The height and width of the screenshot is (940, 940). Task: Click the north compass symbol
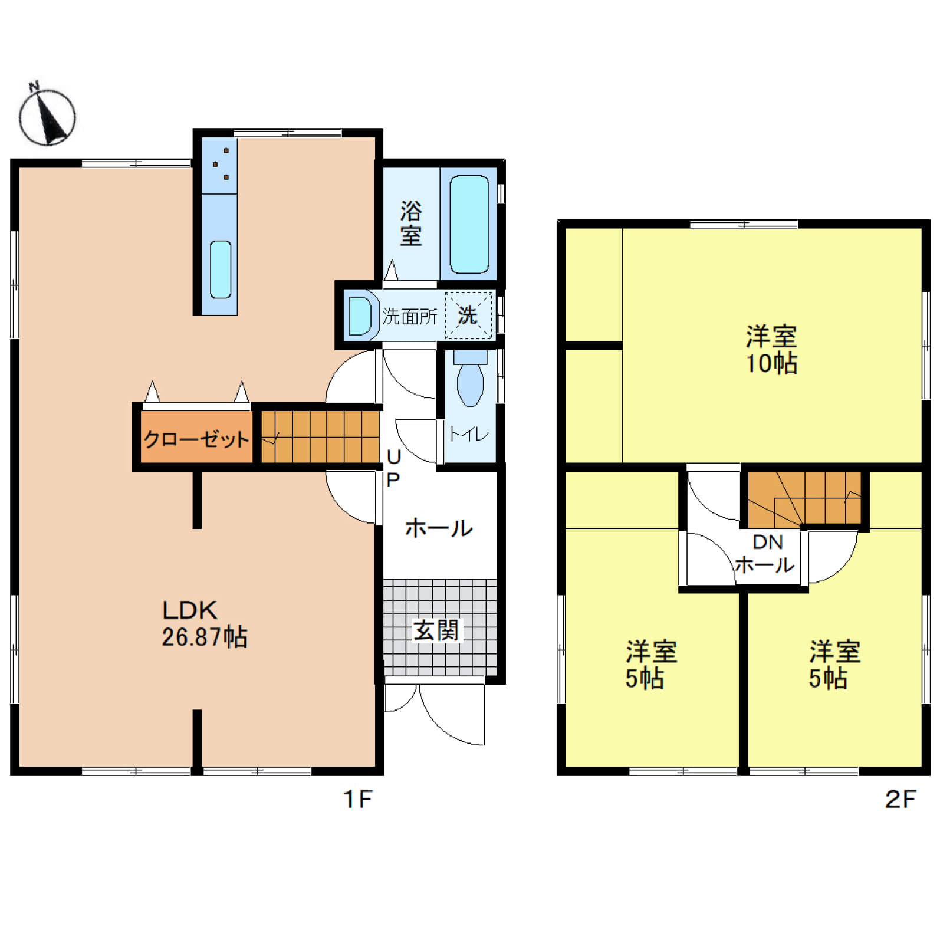pyautogui.click(x=47, y=116)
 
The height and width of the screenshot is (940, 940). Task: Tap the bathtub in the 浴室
pyautogui.click(x=469, y=224)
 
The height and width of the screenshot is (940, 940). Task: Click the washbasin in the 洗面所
pyautogui.click(x=360, y=315)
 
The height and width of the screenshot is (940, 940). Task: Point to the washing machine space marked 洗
pyautogui.click(x=468, y=315)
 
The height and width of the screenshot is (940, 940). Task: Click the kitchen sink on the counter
pyautogui.click(x=221, y=269)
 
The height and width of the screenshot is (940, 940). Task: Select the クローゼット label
pyautogui.click(x=196, y=439)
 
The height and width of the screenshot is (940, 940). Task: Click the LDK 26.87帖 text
pyautogui.click(x=204, y=623)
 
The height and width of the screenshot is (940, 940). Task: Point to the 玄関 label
pyautogui.click(x=436, y=630)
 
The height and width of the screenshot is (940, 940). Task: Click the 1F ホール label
pyautogui.click(x=439, y=528)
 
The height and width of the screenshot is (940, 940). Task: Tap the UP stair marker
pyautogui.click(x=393, y=468)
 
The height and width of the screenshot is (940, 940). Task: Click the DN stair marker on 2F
pyautogui.click(x=767, y=542)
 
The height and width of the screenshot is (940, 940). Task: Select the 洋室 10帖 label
pyautogui.click(x=771, y=350)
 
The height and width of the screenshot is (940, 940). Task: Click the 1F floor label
pyautogui.click(x=357, y=799)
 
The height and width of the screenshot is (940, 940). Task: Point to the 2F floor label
pyautogui.click(x=900, y=799)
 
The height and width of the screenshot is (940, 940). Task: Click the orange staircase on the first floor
pyautogui.click(x=320, y=437)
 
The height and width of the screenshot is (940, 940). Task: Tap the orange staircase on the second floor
pyautogui.click(x=804, y=499)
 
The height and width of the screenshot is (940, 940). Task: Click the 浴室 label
pyautogui.click(x=411, y=224)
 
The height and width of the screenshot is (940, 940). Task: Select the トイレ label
pyautogui.click(x=469, y=435)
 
